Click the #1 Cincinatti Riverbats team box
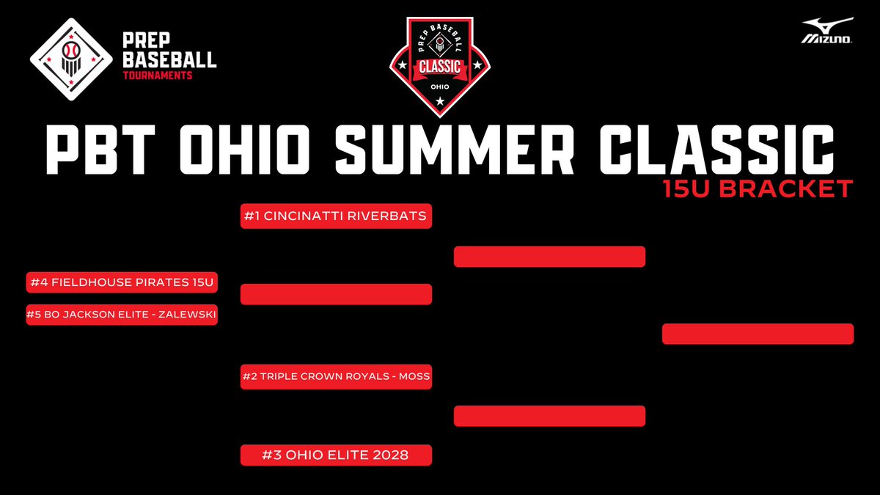pyautogui.click(x=336, y=217)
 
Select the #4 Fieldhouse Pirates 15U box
pyautogui.click(x=122, y=282)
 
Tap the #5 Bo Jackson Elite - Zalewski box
pyautogui.click(x=122, y=315)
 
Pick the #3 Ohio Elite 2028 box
pyautogui.click(x=336, y=455)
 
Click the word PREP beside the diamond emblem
pyautogui.click(x=133, y=43)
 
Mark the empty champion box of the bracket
pyautogui.click(x=758, y=334)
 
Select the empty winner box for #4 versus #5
pyautogui.click(x=336, y=294)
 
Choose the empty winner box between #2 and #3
pyautogui.click(x=549, y=416)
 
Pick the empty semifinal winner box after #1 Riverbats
pyautogui.click(x=549, y=257)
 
